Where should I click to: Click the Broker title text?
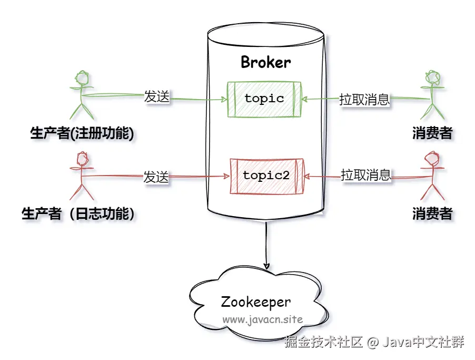(x=265, y=62)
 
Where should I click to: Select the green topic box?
(x=264, y=99)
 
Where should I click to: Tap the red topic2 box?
(x=266, y=176)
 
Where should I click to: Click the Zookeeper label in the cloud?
(x=256, y=302)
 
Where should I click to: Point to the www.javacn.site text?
(x=263, y=319)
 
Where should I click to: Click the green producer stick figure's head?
(x=82, y=78)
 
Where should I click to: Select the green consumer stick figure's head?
(x=432, y=77)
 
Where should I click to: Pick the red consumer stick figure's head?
(x=432, y=158)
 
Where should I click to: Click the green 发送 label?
(x=156, y=96)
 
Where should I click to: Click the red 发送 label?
(x=156, y=177)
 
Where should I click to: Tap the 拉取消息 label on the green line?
(x=364, y=99)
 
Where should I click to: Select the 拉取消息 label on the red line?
(x=365, y=174)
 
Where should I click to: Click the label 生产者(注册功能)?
(x=82, y=133)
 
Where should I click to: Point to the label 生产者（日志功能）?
(x=78, y=213)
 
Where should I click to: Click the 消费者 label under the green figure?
(x=432, y=133)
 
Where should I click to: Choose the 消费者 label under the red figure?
(x=432, y=213)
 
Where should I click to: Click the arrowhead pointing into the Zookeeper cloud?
(x=266, y=266)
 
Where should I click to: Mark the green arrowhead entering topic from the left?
(x=224, y=100)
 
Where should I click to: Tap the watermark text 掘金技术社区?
(x=323, y=342)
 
